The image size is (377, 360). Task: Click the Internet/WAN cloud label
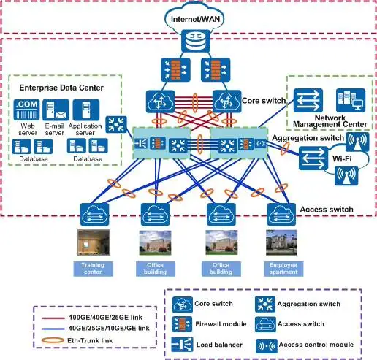click(195, 19)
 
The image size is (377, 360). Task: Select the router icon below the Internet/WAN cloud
click(196, 41)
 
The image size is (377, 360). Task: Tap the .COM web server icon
click(26, 110)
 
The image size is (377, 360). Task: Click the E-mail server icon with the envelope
click(56, 110)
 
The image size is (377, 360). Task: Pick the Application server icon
click(86, 110)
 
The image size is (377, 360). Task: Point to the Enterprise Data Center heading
click(61, 88)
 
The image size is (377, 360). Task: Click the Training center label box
click(93, 269)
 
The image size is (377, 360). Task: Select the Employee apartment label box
click(283, 269)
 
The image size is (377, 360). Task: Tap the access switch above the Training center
click(95, 214)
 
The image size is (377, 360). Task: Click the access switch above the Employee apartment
click(281, 214)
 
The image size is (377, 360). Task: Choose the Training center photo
click(94, 242)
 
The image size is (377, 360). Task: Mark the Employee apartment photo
click(281, 242)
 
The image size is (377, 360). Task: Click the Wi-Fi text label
click(342, 158)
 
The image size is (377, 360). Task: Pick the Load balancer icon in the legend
click(182, 345)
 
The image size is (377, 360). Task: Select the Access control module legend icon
click(267, 346)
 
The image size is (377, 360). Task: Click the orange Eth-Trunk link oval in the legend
click(53, 340)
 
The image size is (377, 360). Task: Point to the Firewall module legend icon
click(182, 324)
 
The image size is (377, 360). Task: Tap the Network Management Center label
click(330, 121)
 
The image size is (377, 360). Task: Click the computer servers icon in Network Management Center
click(351, 100)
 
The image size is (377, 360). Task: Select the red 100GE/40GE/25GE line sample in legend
click(53, 318)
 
